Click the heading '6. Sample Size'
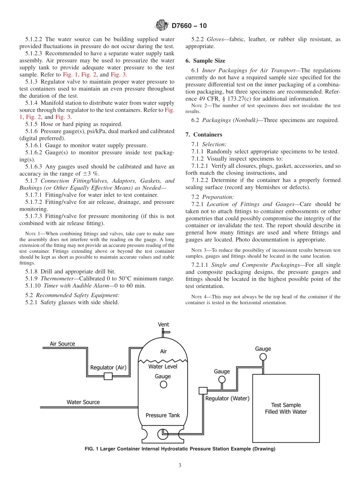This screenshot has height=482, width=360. pos(205,61)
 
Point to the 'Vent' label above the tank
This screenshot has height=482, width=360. pos(163,324)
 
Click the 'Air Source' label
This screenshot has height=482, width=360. pos(63,344)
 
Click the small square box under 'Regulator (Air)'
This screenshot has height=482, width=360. pos(108,376)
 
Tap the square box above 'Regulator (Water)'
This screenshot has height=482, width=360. pos(202,390)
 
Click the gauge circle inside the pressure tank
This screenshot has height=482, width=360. pos(163,384)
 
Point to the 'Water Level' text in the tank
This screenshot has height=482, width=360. pos(163,366)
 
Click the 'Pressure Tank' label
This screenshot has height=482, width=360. pos(163,415)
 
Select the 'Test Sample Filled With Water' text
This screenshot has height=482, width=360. pos(286,408)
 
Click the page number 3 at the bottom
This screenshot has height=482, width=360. pos(180,465)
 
